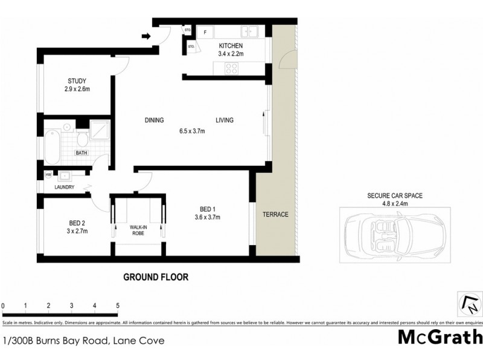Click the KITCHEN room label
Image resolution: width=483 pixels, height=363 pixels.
click(230, 46)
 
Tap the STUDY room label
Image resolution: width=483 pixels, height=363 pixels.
click(77, 81)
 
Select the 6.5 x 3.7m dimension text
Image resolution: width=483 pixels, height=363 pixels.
click(192, 131)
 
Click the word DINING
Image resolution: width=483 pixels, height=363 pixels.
click(154, 120)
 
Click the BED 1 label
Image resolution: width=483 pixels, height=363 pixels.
click(206, 208)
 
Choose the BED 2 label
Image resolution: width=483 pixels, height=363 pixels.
click(77, 222)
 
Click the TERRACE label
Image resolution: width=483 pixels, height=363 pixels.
click(275, 215)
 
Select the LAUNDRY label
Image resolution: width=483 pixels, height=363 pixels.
click(63, 187)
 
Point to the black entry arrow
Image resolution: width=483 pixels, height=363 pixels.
click(146, 37)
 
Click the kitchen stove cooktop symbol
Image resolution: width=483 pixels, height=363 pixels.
click(231, 68)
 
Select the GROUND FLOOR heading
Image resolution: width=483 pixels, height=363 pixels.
click(156, 277)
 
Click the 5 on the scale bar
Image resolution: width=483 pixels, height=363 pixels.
click(117, 306)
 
